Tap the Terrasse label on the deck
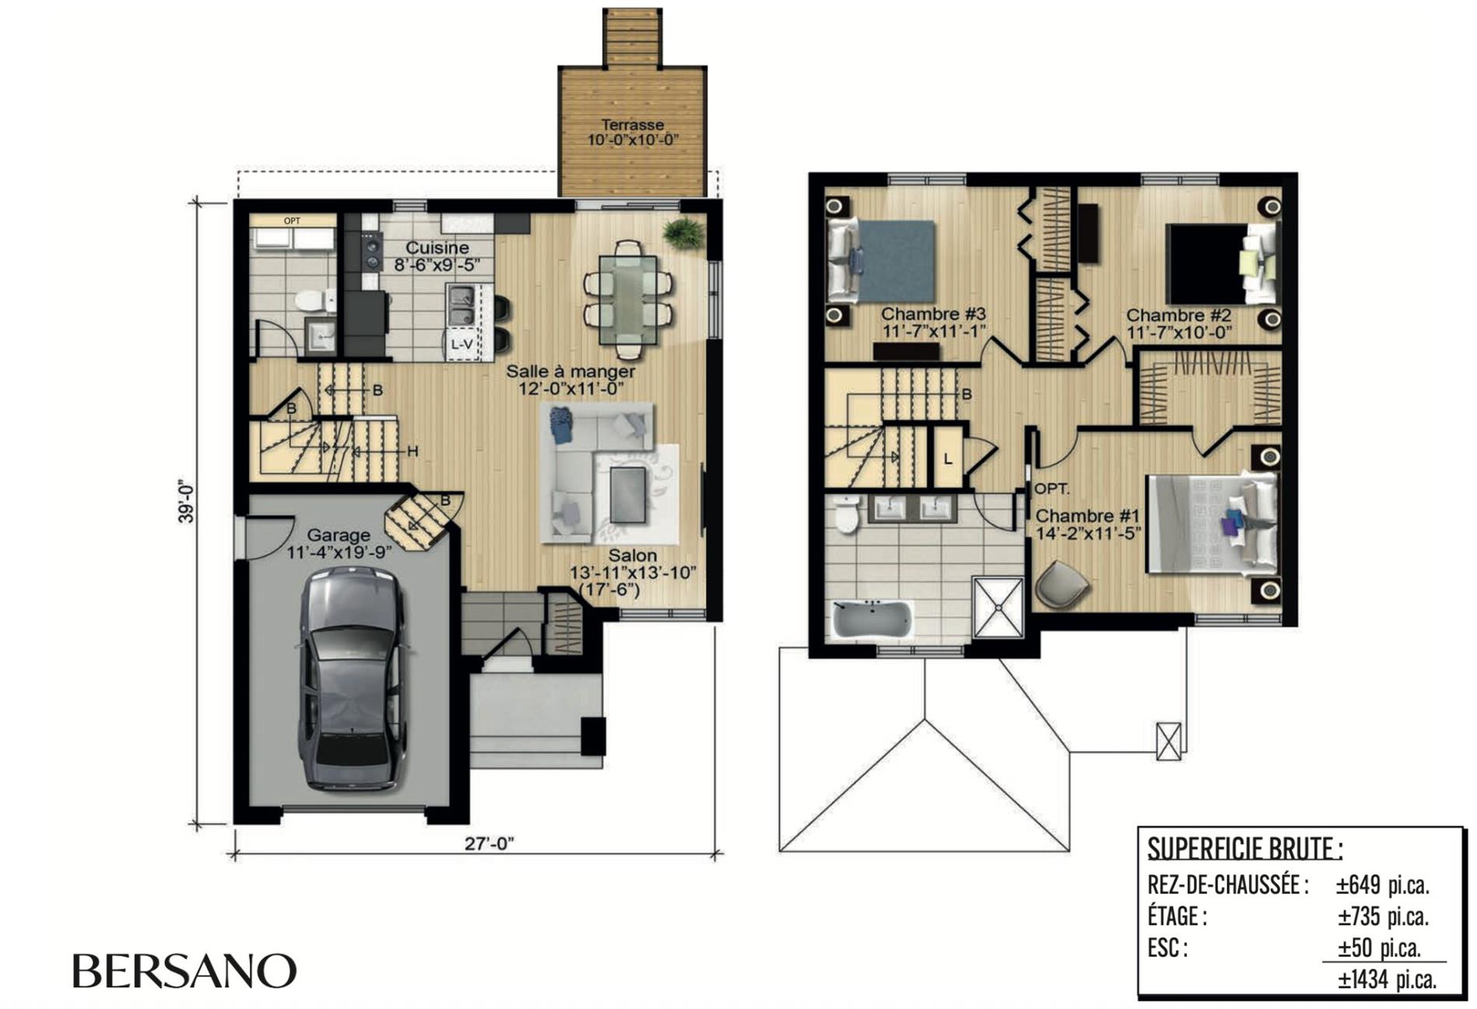pyautogui.click(x=633, y=124)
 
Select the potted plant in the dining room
pyautogui.click(x=684, y=232)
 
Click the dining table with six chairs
pyautogui.click(x=628, y=299)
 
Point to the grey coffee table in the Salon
pyautogui.click(x=628, y=494)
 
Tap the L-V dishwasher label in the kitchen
pyautogui.click(x=463, y=344)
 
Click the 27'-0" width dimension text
pyautogui.click(x=490, y=843)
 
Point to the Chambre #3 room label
pyautogui.click(x=933, y=314)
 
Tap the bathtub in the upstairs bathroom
pyautogui.click(x=872, y=620)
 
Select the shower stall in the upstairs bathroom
pyautogui.click(x=998, y=607)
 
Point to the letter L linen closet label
pyautogui.click(x=948, y=459)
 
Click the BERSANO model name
pyautogui.click(x=185, y=971)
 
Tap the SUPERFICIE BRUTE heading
pyautogui.click(x=1245, y=848)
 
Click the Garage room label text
pyautogui.click(x=338, y=535)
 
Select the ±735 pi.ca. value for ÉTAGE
pyautogui.click(x=1383, y=917)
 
